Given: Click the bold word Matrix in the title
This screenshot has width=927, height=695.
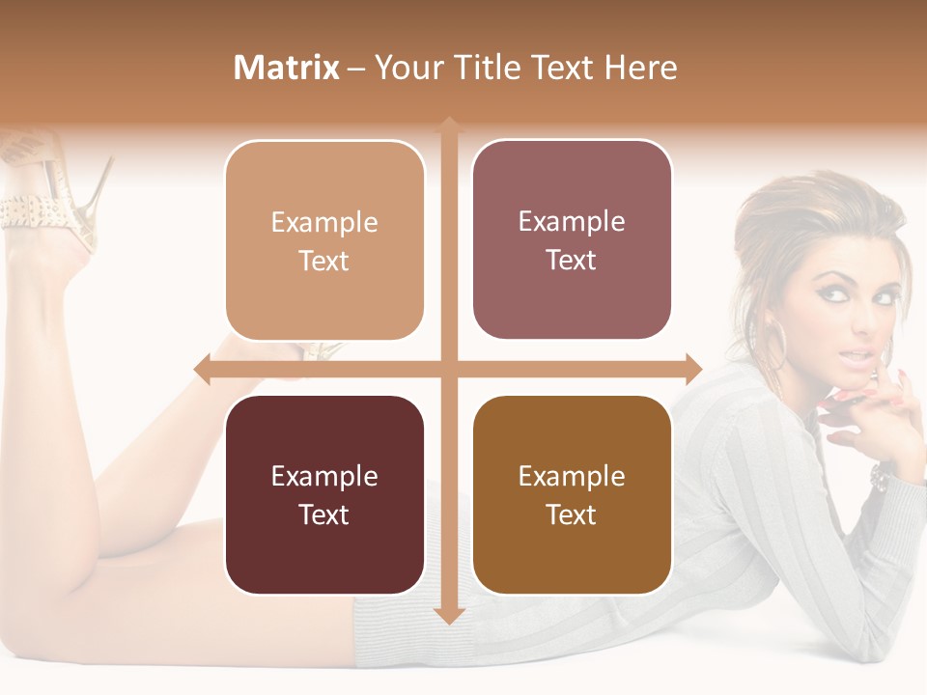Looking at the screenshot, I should [287, 68].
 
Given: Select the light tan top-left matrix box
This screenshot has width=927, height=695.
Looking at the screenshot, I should [324, 240].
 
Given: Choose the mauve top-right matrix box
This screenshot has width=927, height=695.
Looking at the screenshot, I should [572, 239].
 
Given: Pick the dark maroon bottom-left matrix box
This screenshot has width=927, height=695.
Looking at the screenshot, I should [324, 494].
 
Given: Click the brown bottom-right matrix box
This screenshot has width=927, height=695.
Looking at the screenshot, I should [572, 494].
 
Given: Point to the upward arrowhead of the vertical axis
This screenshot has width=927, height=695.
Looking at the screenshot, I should [449, 125].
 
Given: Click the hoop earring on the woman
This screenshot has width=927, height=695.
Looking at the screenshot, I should [778, 342].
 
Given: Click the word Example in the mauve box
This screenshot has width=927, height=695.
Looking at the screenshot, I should [572, 221].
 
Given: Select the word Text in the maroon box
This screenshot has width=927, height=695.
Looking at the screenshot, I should [324, 514].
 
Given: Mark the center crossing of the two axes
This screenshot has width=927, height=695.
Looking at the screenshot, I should [449, 368].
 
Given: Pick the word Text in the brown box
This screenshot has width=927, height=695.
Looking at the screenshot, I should [572, 514].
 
